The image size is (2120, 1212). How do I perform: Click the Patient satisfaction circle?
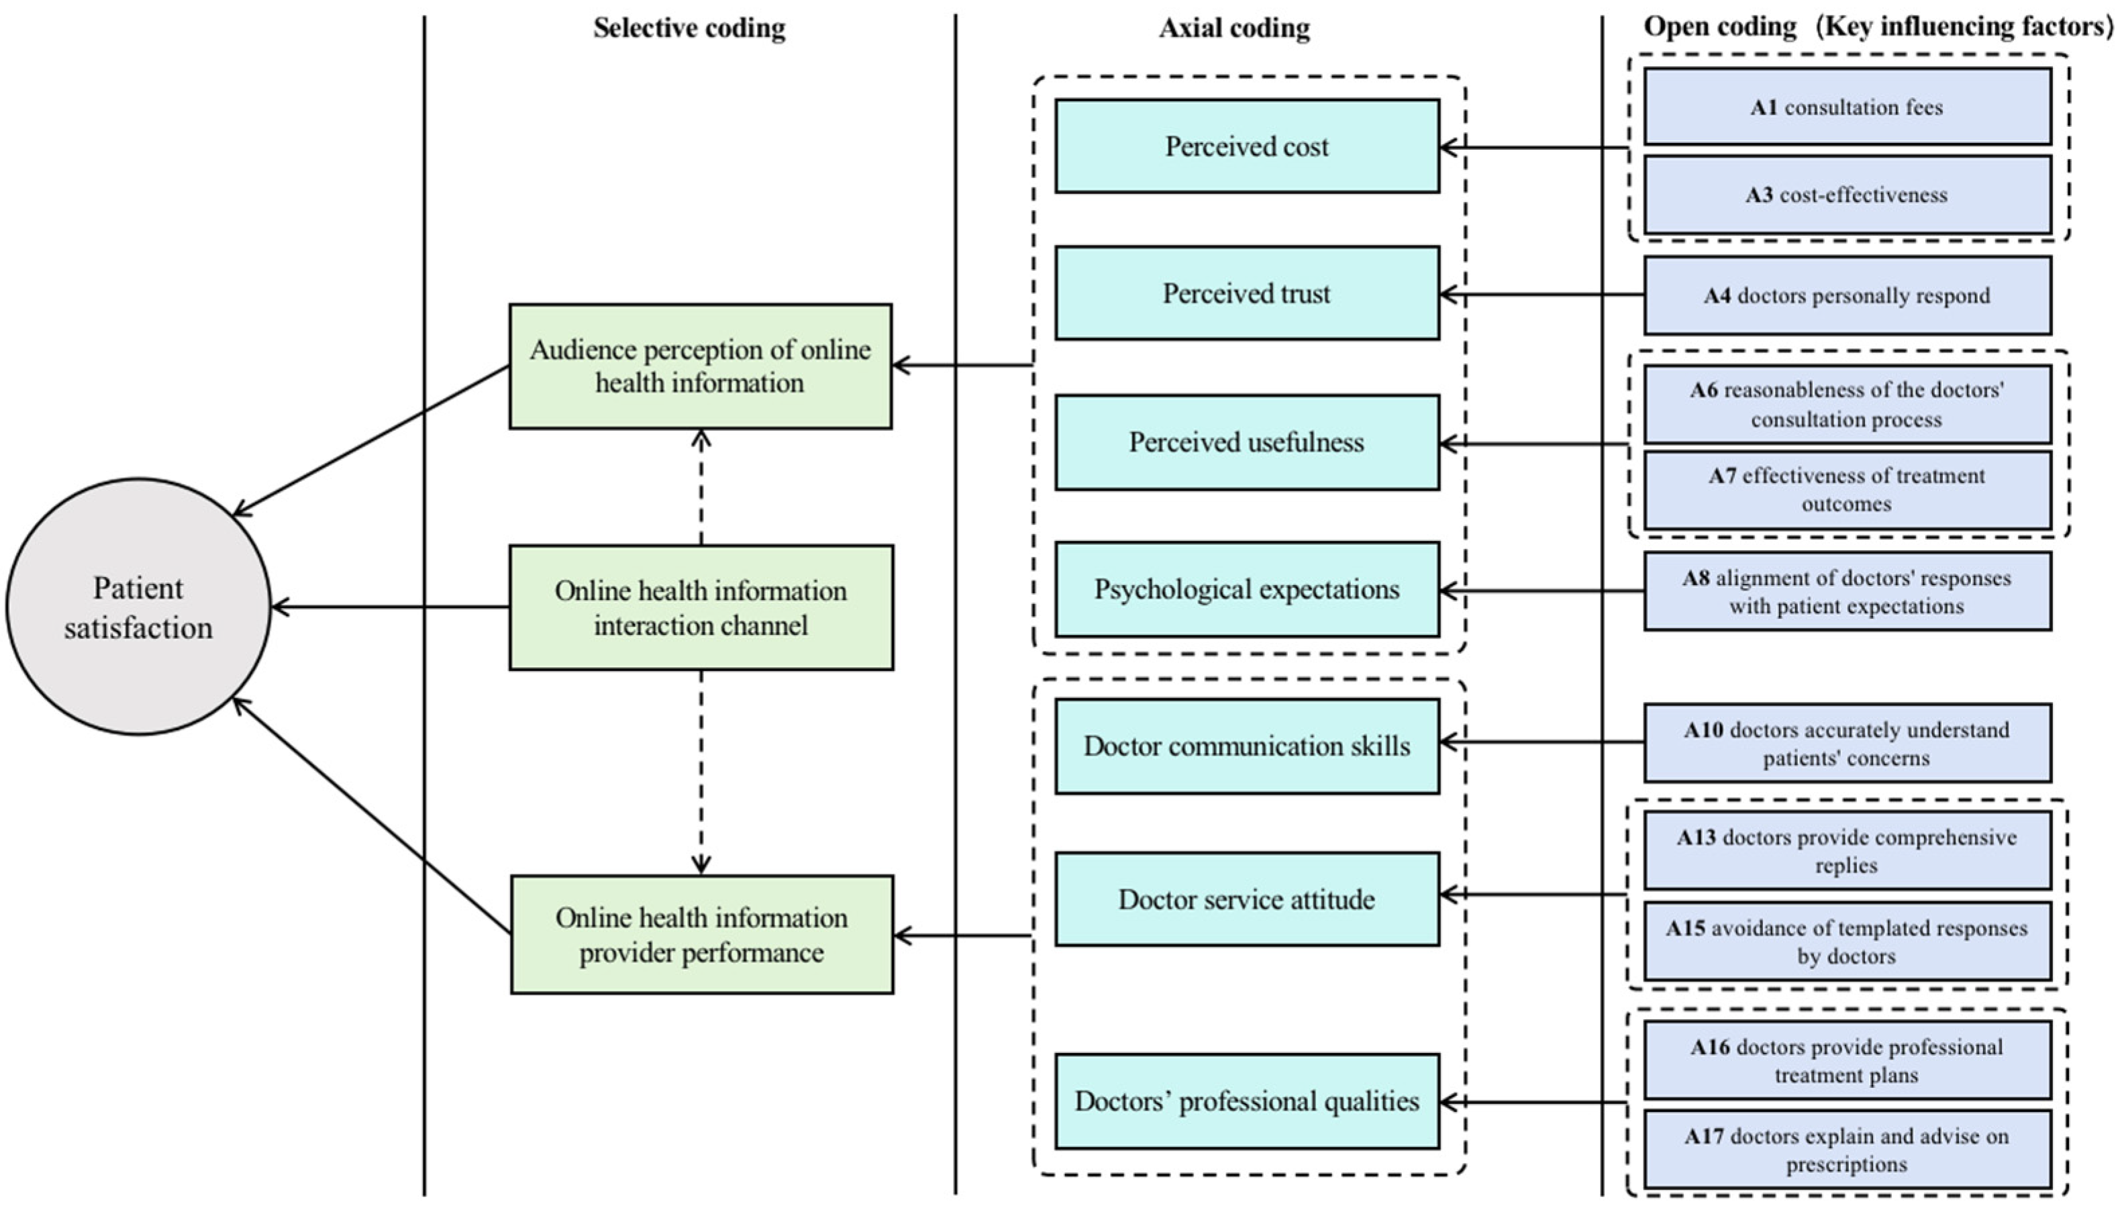(138, 607)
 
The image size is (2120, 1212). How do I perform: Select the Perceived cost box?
(1246, 146)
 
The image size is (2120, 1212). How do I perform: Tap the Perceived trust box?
(1246, 293)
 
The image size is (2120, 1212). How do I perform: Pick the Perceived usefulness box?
(1246, 442)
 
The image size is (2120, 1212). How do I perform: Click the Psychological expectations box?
(1246, 589)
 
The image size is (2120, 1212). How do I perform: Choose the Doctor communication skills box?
(1246, 746)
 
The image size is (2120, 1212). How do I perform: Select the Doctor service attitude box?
(1246, 899)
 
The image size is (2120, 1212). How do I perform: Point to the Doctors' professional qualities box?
(1246, 1101)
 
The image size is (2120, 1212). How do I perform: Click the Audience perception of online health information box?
(700, 366)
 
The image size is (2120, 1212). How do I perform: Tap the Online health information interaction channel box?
(700, 607)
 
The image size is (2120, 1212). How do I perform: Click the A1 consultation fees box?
(1846, 107)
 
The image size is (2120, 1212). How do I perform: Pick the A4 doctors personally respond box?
(1846, 295)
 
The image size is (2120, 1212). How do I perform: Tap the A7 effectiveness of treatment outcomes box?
(1846, 489)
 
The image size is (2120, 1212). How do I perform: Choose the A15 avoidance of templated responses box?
(1846, 942)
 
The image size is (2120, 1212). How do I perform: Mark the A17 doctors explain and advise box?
(1846, 1150)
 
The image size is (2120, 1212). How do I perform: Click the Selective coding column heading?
(689, 28)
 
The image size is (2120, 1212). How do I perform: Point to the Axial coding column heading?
(1234, 28)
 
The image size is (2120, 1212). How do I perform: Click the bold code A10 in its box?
(1703, 730)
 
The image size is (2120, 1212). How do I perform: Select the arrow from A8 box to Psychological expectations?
(1540, 591)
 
